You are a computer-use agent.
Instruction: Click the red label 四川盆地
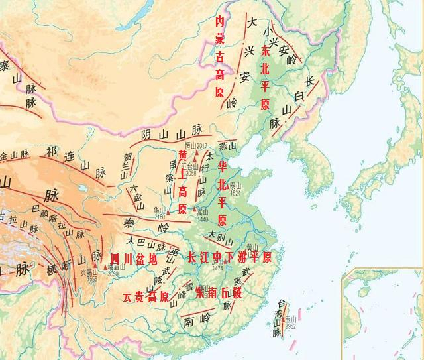(x=134, y=259)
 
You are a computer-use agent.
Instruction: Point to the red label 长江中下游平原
(x=229, y=257)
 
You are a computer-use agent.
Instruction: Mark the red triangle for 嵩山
(x=194, y=210)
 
